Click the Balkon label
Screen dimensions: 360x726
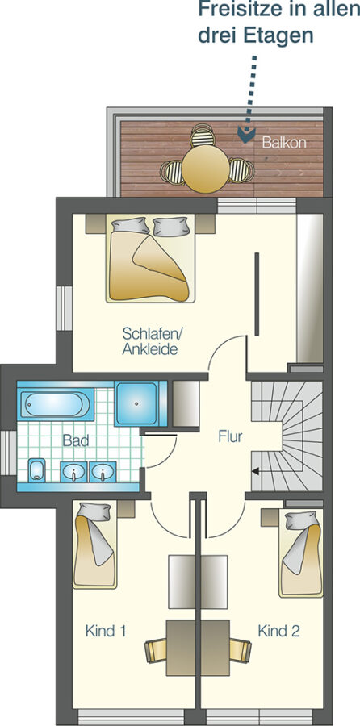coord(284,142)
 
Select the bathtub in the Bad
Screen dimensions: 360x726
coord(55,404)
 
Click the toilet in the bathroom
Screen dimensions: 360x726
coord(36,470)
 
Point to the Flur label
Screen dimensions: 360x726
coord(230,436)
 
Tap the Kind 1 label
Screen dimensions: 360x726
coord(106,631)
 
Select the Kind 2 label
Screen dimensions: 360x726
coord(279,631)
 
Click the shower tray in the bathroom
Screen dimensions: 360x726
coord(136,403)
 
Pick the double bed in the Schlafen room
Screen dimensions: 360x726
coord(149,258)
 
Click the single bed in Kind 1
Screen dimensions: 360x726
coord(95,545)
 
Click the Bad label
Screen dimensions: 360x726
coord(76,440)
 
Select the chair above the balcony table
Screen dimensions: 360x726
coord(203,136)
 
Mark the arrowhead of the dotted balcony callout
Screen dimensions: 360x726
coord(246,133)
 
